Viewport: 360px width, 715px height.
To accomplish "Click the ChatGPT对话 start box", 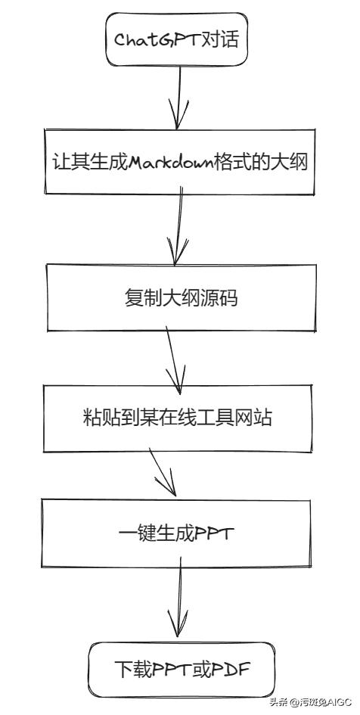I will pos(176,39).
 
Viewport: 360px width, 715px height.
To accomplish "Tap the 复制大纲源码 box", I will pos(180,297).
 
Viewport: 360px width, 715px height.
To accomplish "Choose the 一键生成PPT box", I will pos(178,533).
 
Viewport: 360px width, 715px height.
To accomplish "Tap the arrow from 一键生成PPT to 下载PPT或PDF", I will pos(179,602).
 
